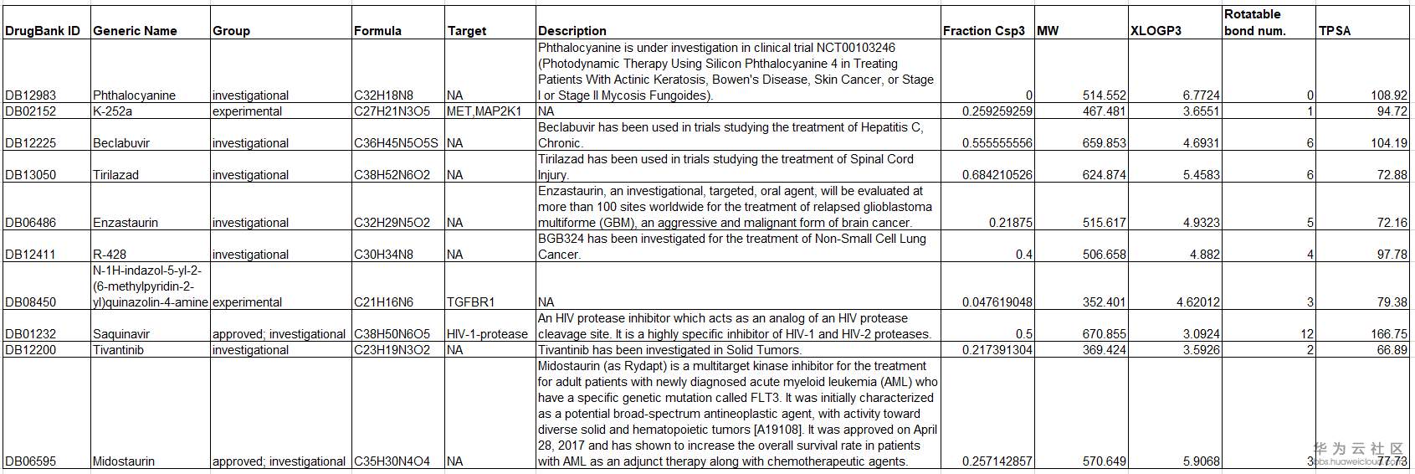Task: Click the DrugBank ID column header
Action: [43, 31]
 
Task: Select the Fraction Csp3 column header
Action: [983, 31]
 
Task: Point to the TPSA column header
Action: [1335, 31]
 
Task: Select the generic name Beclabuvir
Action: [121, 143]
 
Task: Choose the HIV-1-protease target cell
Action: [487, 334]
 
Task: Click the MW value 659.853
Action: [1104, 143]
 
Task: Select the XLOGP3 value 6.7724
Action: [1201, 95]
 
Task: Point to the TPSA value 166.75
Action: [1389, 334]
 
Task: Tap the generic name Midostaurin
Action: [123, 461]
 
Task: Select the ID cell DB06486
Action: [31, 223]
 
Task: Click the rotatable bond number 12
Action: [1307, 334]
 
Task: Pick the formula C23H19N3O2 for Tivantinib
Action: [392, 350]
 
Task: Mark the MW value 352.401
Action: [1104, 302]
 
